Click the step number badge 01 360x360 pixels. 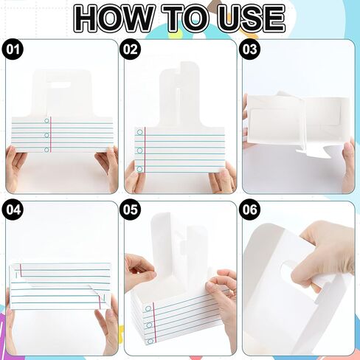click(x=14, y=50)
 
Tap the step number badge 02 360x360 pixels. click(x=131, y=50)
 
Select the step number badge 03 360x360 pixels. click(x=250, y=50)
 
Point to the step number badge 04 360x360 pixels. click(x=14, y=210)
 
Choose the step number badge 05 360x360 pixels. click(x=131, y=210)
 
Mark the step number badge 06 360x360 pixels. click(x=250, y=210)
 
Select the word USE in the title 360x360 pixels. click(x=251, y=18)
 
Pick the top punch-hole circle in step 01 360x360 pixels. click(x=46, y=120)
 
